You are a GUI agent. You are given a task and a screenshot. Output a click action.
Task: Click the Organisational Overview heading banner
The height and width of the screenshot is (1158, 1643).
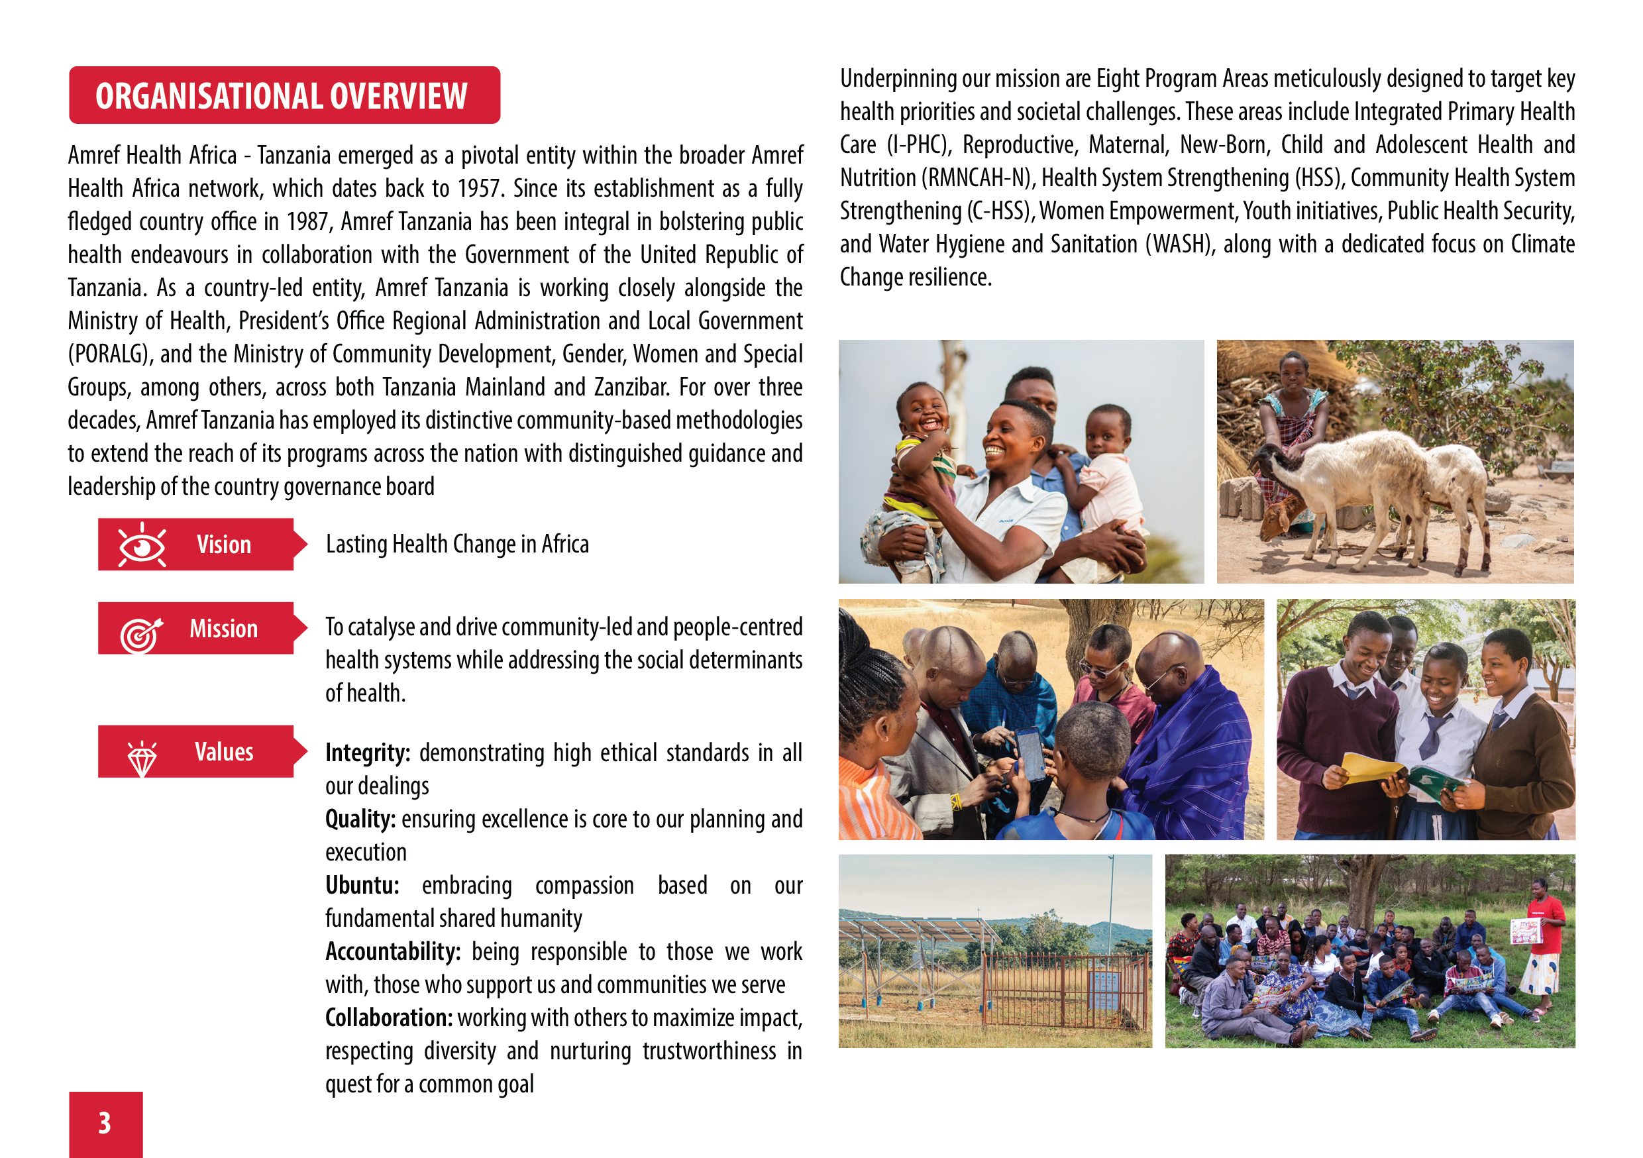pyautogui.click(x=284, y=96)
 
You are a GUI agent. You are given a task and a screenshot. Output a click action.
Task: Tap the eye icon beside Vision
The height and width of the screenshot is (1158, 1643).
pyautogui.click(x=142, y=545)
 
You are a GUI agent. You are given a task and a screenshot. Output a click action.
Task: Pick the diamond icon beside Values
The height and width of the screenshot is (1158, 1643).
pyautogui.click(x=142, y=758)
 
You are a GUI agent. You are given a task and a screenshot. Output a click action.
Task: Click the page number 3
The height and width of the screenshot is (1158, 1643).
pyautogui.click(x=105, y=1123)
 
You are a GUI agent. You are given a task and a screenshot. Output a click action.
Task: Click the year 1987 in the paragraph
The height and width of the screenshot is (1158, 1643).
pyautogui.click(x=307, y=222)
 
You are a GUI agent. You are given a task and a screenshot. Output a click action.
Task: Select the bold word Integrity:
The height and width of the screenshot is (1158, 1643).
pyautogui.click(x=367, y=753)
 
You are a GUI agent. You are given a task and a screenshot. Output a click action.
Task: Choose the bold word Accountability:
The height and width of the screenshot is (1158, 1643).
pyautogui.click(x=393, y=952)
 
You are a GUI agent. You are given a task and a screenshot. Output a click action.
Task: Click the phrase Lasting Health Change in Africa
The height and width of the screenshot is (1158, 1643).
pyautogui.click(x=457, y=545)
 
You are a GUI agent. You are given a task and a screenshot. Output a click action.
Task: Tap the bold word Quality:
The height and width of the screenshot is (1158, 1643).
pyautogui.click(x=360, y=819)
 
